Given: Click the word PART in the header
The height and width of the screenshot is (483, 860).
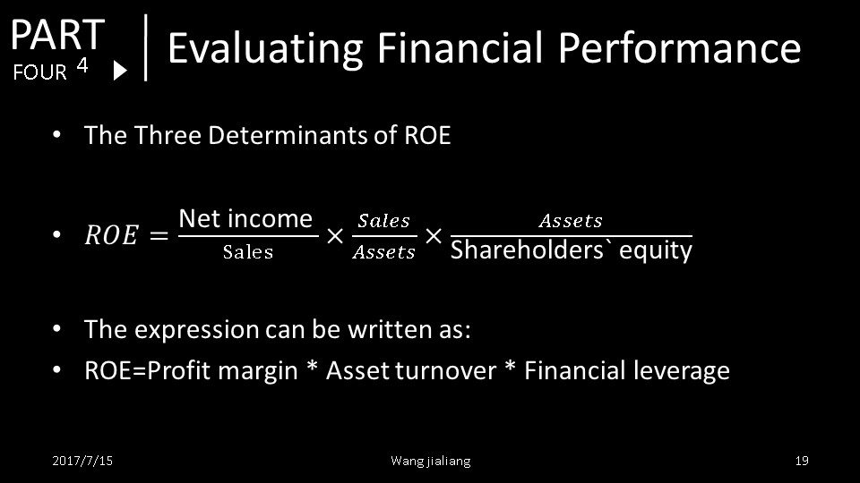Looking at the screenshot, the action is [x=57, y=34].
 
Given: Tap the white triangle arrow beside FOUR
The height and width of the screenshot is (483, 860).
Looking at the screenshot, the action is [x=120, y=71].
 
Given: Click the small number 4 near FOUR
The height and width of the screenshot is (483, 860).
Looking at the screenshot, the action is [x=82, y=65].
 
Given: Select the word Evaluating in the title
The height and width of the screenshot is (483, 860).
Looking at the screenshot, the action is [x=265, y=48].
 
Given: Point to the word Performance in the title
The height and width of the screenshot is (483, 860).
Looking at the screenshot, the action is [x=680, y=47].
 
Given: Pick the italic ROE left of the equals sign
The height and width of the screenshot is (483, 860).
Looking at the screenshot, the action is [x=111, y=235].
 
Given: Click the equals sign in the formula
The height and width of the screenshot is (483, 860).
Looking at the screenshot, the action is [x=159, y=235].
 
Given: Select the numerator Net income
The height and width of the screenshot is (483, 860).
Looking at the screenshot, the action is [x=245, y=218].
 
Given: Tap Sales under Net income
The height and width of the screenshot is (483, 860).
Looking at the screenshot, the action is [x=248, y=252].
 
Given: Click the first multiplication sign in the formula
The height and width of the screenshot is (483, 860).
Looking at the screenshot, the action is [x=335, y=236].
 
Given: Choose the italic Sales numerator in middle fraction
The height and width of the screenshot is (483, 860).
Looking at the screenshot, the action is [x=384, y=221].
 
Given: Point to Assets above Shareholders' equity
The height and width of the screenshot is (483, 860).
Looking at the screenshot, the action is [x=571, y=221].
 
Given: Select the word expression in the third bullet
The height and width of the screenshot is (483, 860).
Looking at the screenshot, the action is [x=197, y=330].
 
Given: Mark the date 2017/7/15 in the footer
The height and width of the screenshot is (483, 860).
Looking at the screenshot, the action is [x=82, y=461].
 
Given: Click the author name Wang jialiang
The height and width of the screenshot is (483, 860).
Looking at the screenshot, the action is [x=431, y=462].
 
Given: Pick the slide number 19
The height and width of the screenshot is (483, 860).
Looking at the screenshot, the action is [x=802, y=461].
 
